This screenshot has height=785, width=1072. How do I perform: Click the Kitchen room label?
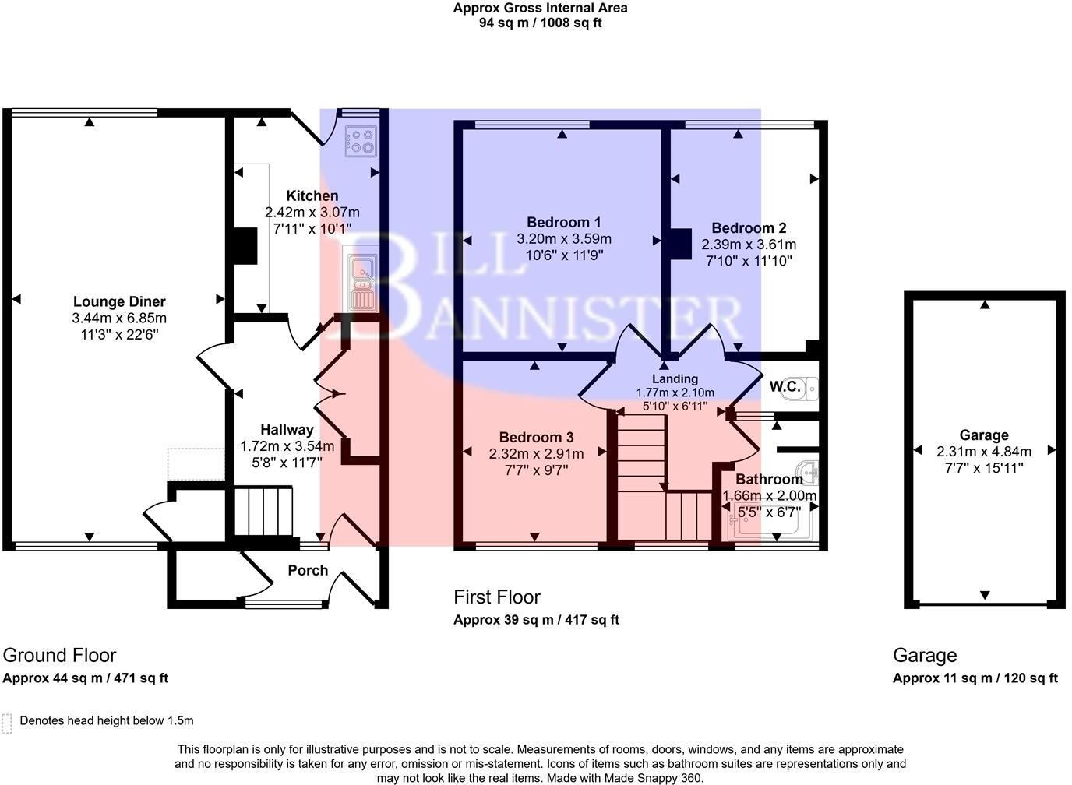click(x=312, y=195)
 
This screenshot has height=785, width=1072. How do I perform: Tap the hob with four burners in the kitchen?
click(x=361, y=141)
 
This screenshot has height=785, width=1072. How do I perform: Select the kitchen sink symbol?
click(x=363, y=282)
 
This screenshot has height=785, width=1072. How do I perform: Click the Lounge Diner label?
click(x=119, y=301)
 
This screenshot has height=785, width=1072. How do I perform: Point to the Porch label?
click(x=308, y=570)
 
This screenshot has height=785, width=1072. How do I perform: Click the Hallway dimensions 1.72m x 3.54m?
click(x=287, y=446)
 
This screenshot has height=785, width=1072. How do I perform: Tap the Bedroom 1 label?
click(x=564, y=222)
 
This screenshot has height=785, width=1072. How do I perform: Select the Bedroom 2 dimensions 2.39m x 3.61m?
click(x=748, y=245)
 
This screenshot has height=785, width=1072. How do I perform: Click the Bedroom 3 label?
click(x=536, y=437)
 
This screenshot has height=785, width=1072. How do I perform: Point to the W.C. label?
click(x=785, y=386)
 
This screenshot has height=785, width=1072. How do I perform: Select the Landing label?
click(x=675, y=378)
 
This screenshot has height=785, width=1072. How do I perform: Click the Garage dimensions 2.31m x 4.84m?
click(x=983, y=452)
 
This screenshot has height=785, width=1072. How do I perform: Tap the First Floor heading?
click(x=496, y=597)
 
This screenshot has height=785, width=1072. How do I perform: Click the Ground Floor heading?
click(x=59, y=655)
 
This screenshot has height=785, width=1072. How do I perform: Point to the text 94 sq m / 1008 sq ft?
click(x=540, y=23)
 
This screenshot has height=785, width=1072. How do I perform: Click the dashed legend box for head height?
click(x=7, y=723)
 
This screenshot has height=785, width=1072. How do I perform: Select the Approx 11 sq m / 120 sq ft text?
click(x=975, y=678)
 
